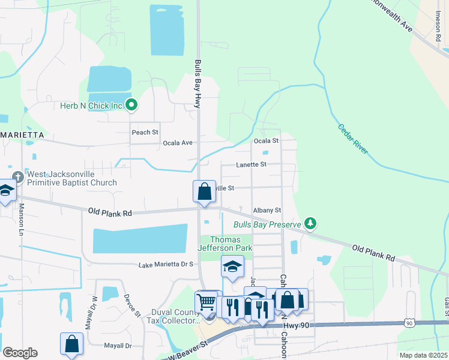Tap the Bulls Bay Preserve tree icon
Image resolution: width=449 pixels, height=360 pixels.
tap(310, 224)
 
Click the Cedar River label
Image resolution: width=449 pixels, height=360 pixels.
tap(352, 139)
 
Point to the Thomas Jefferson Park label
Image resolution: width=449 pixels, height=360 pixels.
tap(226, 244)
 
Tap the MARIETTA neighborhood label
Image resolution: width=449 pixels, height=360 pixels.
tap(22, 135)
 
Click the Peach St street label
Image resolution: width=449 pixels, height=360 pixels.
tap(145, 132)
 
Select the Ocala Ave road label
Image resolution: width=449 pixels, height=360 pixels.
tap(178, 143)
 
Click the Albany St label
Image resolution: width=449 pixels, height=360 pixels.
tap(267, 210)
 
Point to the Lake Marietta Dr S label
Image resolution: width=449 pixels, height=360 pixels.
tap(166, 264)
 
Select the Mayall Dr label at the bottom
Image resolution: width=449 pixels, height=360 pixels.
tap(118, 346)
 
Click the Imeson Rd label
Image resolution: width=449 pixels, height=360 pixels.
tap(437, 31)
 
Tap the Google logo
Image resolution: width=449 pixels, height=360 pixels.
tap(20, 353)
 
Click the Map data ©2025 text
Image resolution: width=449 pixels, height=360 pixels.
tap(423, 355)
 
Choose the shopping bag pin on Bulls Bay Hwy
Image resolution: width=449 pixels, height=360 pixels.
tap(204, 192)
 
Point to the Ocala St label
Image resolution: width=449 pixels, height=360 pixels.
tap(266, 140)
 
